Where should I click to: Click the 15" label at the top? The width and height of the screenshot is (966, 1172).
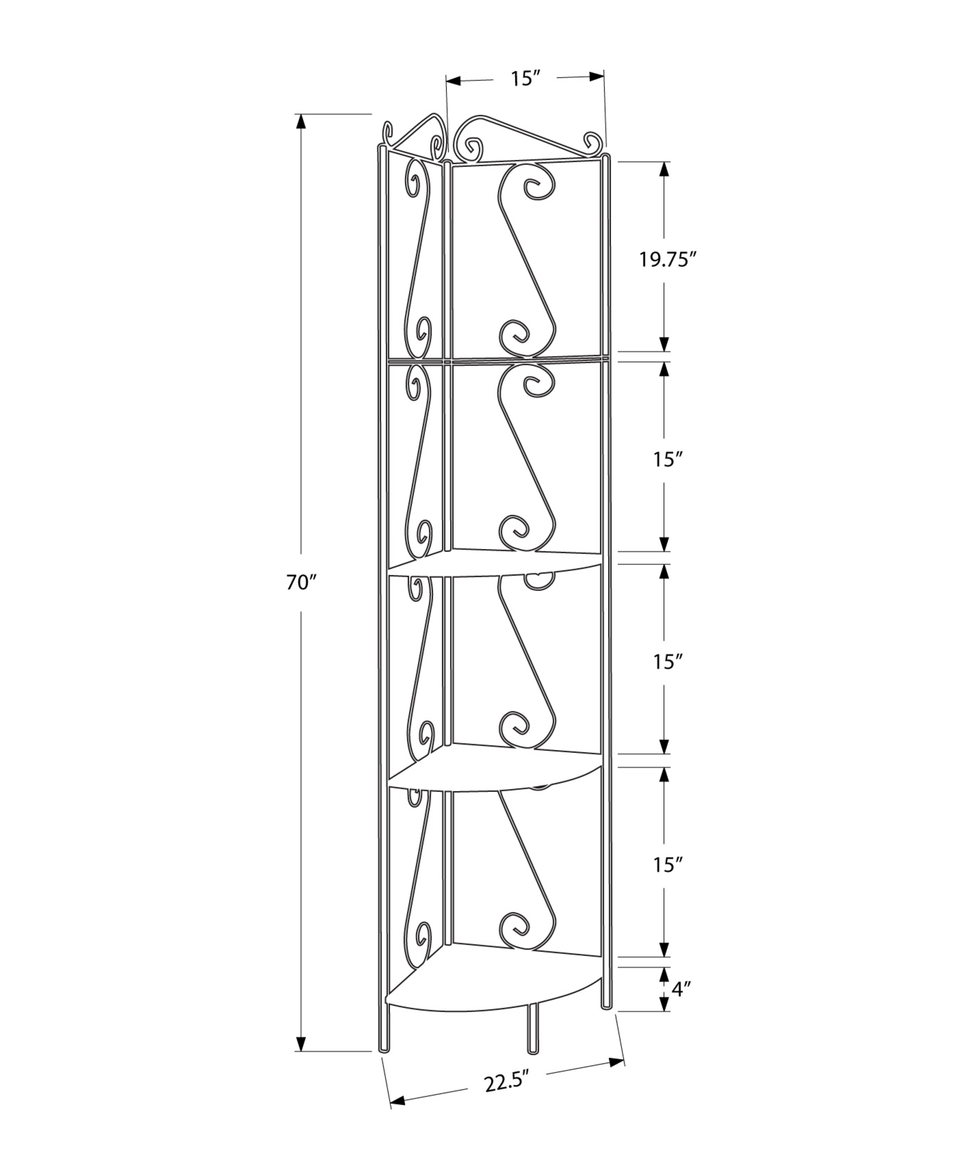(x=525, y=79)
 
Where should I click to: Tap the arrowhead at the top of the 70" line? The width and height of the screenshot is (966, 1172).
(x=301, y=121)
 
